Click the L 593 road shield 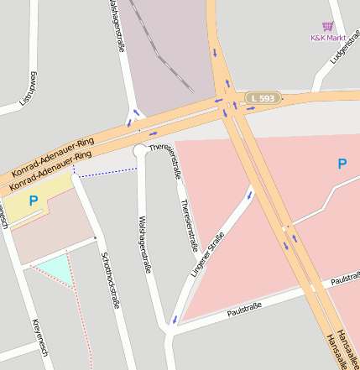click(x=262, y=98)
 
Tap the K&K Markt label click(x=328, y=38)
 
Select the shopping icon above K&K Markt click(x=328, y=27)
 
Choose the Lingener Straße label click(x=206, y=259)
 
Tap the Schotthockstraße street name click(x=109, y=280)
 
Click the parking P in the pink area click(x=342, y=164)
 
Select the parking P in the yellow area click(x=34, y=201)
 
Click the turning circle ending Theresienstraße click(x=140, y=150)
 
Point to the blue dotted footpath click(x=105, y=172)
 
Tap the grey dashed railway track click(x=159, y=50)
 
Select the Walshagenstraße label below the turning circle click(x=143, y=243)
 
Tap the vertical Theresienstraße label click(x=188, y=225)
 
